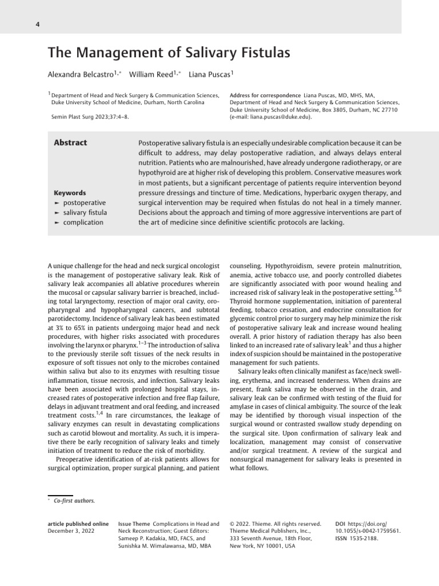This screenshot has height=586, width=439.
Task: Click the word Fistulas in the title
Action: click(x=263, y=53)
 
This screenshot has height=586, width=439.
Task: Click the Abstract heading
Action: click(x=70, y=143)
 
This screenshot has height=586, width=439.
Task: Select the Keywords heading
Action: click(x=70, y=193)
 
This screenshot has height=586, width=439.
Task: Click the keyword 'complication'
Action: click(x=83, y=222)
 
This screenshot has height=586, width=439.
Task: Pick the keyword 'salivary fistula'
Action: click(x=85, y=212)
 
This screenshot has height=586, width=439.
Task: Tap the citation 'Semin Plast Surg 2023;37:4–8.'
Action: click(x=89, y=117)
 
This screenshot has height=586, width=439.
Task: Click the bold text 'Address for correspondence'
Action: click(x=265, y=95)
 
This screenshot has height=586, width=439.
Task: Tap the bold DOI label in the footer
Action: click(x=340, y=524)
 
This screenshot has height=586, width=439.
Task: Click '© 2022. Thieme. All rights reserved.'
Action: click(x=275, y=524)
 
